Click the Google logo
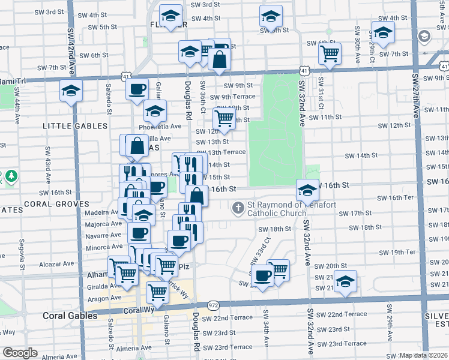click(x=20, y=353)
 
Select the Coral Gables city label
click(x=70, y=315)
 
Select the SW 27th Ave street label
click(x=416, y=93)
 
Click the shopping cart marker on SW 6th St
click(x=330, y=53)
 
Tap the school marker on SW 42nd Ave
click(x=71, y=91)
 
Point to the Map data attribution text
click(x=424, y=355)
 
